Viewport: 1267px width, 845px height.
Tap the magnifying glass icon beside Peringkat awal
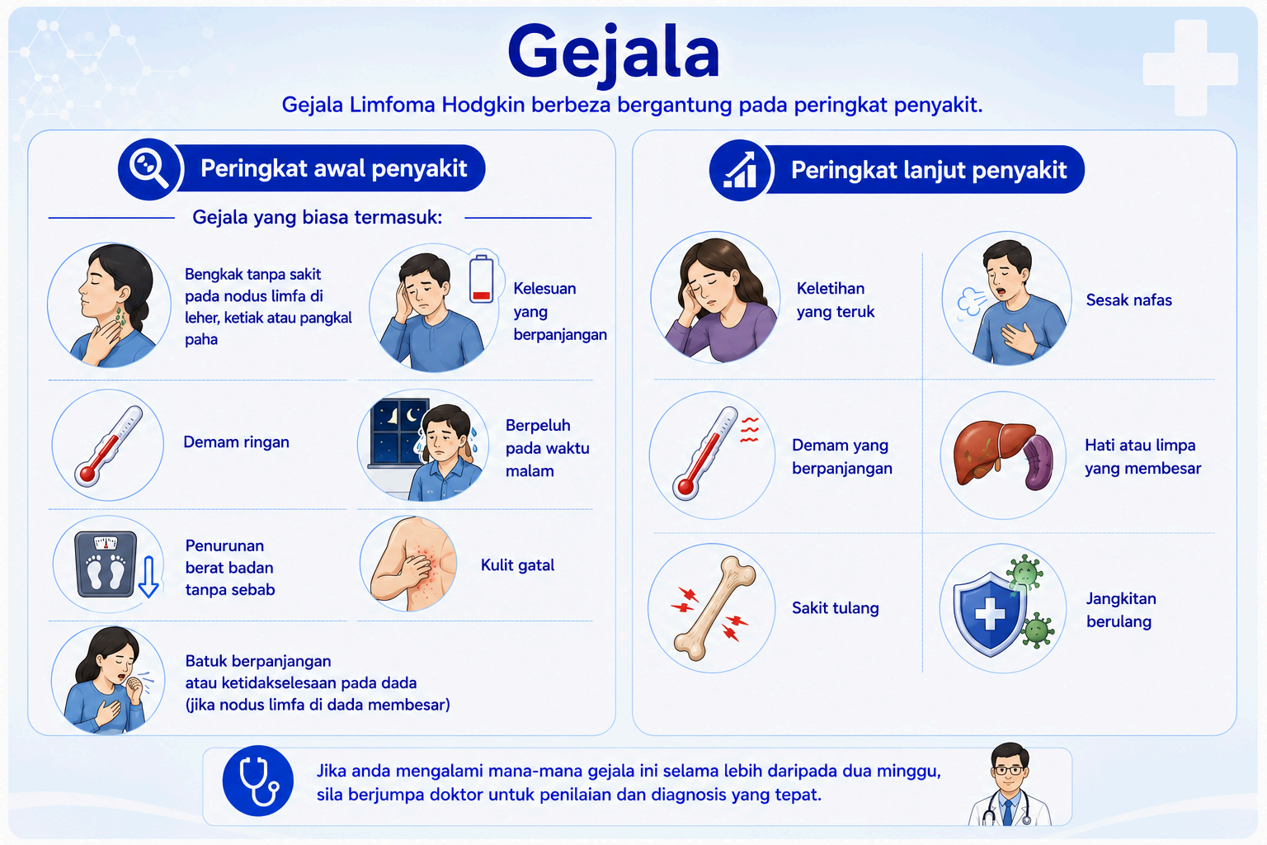pyautogui.click(x=148, y=168)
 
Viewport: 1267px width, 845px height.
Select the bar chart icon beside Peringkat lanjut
pyautogui.click(x=740, y=170)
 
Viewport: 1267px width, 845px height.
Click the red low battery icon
pyautogui.click(x=482, y=280)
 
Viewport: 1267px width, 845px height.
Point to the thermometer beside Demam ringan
pyautogui.click(x=109, y=445)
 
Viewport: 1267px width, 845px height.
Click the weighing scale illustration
pyautogui.click(x=106, y=564)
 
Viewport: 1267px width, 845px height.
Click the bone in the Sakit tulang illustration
pyautogui.click(x=714, y=608)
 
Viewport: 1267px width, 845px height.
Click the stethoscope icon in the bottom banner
pyautogui.click(x=258, y=781)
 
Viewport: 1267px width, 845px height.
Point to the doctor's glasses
pyautogui.click(x=1009, y=770)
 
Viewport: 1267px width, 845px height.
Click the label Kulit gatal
pyautogui.click(x=517, y=564)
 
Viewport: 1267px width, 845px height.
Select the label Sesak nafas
pyautogui.click(x=1129, y=300)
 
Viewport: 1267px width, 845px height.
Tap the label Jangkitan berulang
pyautogui.click(x=1121, y=610)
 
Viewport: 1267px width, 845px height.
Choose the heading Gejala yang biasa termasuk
pyautogui.click(x=318, y=217)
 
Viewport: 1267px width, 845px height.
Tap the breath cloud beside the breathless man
pyautogui.click(x=970, y=300)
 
